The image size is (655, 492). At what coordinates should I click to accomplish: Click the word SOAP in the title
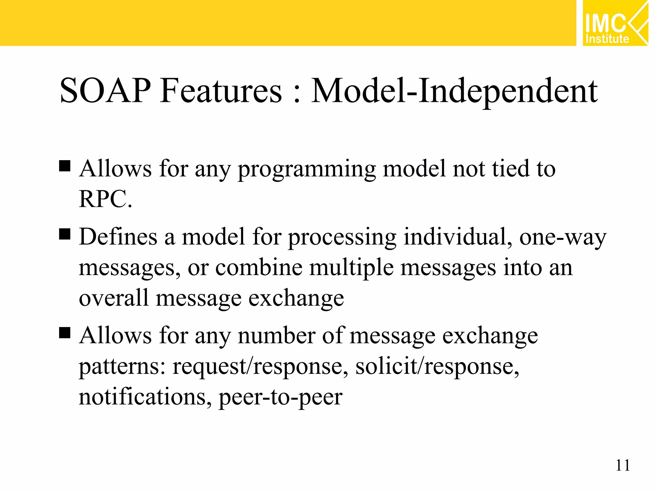click(105, 91)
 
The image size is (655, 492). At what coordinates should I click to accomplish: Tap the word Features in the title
click(221, 91)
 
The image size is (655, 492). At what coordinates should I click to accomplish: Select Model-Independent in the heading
click(454, 92)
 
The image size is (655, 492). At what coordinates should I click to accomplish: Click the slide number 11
click(622, 465)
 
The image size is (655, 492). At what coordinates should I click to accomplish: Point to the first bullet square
click(65, 166)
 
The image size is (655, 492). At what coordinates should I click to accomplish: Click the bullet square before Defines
click(65, 234)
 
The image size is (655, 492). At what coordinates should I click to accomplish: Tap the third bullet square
click(65, 333)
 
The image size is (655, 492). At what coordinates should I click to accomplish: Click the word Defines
click(118, 237)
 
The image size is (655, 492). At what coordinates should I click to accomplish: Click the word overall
click(114, 298)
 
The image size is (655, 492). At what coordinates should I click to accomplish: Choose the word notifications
click(145, 397)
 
